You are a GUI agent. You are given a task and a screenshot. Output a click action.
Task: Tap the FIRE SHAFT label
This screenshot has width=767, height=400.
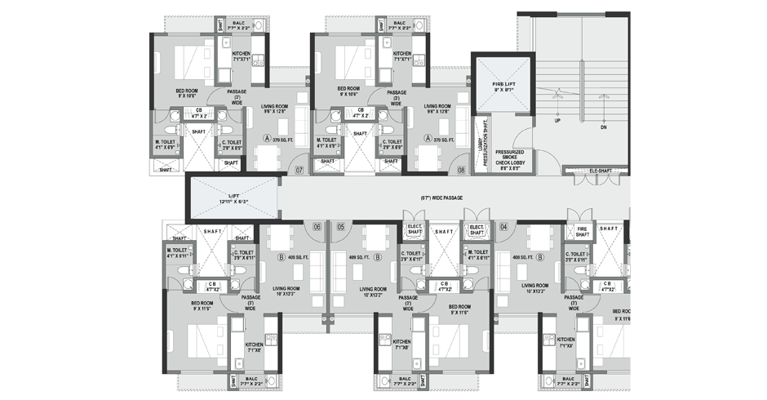[x=583, y=233]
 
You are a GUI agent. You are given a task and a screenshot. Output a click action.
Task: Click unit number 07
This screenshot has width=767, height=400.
[x=277, y=171]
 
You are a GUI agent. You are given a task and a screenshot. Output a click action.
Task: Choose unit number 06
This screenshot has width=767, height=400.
[x=317, y=226]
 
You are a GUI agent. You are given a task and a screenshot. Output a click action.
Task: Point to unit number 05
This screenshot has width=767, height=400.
[x=341, y=226]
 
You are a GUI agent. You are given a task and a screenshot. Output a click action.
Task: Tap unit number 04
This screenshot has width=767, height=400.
[x=504, y=226]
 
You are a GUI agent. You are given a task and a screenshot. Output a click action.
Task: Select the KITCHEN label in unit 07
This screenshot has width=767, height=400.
[x=242, y=56]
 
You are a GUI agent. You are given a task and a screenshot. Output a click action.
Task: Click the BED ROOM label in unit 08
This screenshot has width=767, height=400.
[x=349, y=91]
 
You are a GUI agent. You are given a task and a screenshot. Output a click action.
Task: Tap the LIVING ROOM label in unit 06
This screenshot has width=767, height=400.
[x=289, y=290]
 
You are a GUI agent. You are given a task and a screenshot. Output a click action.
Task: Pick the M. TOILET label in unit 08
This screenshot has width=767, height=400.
[x=328, y=144]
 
